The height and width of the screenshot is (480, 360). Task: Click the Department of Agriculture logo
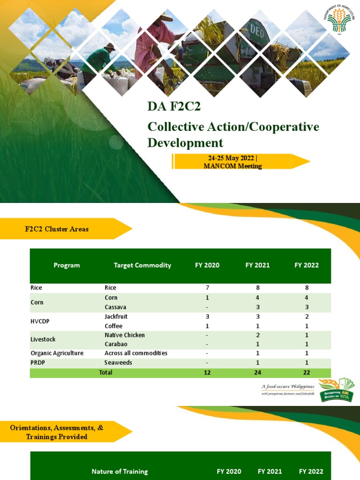tap(339, 19)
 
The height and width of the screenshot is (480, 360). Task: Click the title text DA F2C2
tap(174, 107)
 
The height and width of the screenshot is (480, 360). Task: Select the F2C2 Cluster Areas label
tap(57, 229)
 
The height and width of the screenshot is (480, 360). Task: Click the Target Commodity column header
tap(142, 265)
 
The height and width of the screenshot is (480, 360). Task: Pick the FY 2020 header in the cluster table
tap(207, 265)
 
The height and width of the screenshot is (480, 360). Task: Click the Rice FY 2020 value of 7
tap(207, 288)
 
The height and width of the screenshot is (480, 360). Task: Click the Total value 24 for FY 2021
tap(257, 373)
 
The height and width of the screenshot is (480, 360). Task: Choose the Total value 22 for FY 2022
tap(307, 373)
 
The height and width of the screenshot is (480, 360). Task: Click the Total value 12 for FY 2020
tap(207, 373)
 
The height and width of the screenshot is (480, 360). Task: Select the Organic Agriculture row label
tap(57, 353)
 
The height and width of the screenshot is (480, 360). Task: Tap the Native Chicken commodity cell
tap(125, 335)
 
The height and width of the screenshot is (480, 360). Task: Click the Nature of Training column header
tap(120, 472)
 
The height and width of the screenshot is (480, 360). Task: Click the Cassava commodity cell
tap(115, 307)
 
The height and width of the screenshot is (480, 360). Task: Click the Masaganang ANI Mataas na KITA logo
tap(337, 390)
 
